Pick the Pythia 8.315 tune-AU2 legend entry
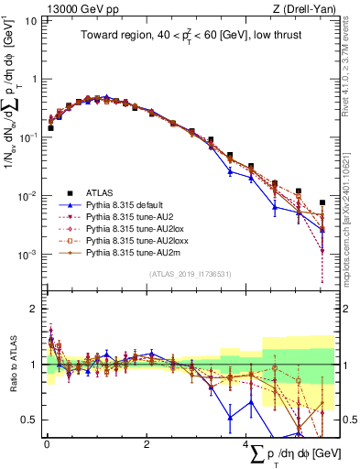point(129,217)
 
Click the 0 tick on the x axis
point(47,443)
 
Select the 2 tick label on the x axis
point(147,443)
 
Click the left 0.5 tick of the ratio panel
point(32,420)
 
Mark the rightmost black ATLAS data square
point(322,202)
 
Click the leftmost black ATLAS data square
point(50,128)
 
